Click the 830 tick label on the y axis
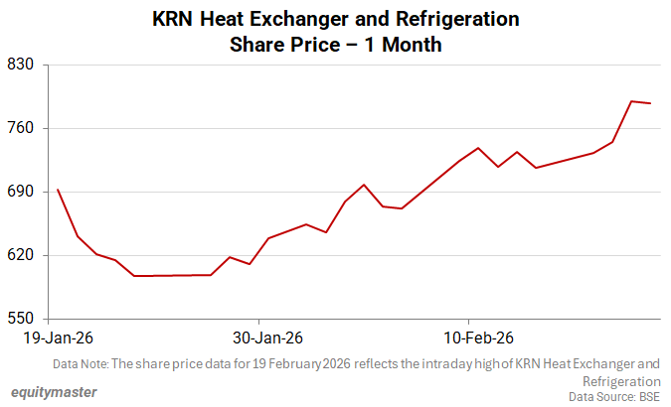point(22,65)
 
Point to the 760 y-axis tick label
point(22,128)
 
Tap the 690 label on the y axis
point(22,192)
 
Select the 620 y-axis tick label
point(22,255)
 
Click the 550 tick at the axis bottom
point(22,319)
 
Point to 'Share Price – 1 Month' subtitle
point(335,45)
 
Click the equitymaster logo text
point(55,392)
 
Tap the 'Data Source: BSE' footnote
point(614,396)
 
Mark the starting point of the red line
point(58,190)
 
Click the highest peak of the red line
point(631,101)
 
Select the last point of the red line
point(650,103)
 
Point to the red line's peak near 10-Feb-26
point(478,148)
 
